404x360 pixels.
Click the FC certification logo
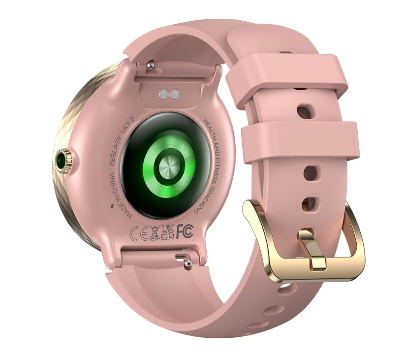click(x=185, y=231)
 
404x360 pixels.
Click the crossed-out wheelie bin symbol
click(x=154, y=233)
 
